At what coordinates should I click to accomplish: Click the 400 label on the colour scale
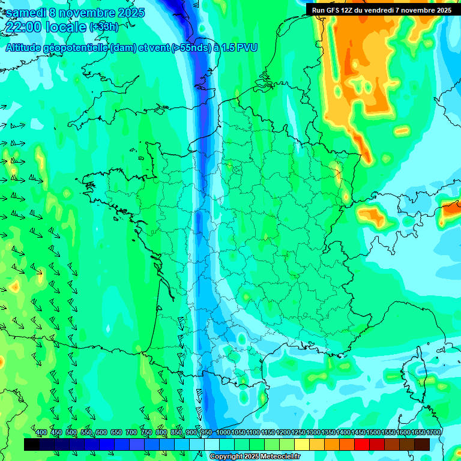[41, 432]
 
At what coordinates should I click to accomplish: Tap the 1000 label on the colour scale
[223, 432]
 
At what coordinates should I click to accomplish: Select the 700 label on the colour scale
[131, 432]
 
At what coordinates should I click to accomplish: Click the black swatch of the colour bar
[32, 444]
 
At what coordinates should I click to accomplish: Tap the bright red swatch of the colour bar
[362, 444]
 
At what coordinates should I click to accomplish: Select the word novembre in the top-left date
[88, 13]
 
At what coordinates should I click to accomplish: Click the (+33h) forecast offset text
[104, 27]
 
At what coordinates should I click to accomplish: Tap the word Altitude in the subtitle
[28, 48]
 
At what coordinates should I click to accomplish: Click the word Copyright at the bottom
[226, 457]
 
